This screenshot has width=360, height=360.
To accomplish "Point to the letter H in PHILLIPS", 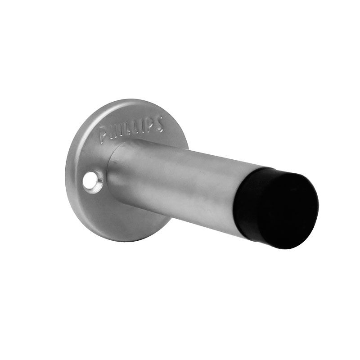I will click(112, 132).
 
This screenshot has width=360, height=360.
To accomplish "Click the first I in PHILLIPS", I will click(119, 131).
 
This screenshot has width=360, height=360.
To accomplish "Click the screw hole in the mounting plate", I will click(93, 181).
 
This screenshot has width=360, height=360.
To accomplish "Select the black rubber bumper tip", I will click(277, 207).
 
